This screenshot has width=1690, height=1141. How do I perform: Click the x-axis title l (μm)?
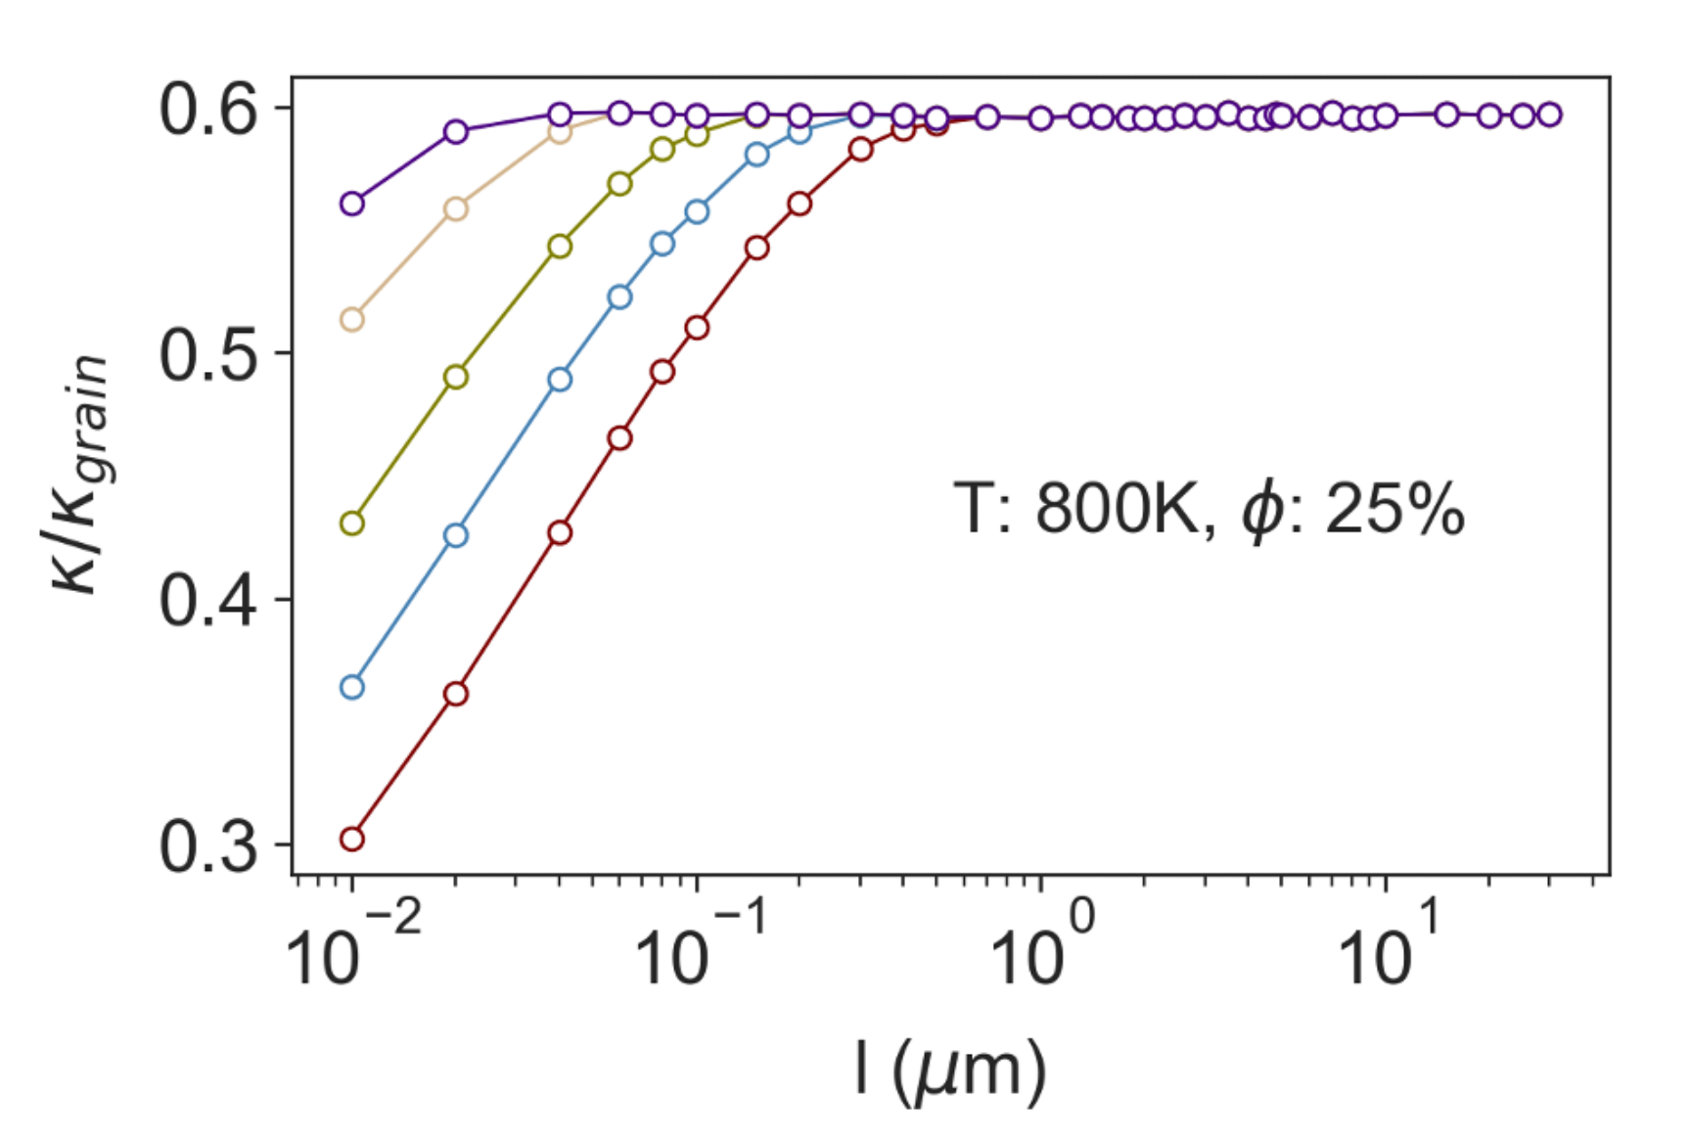pyautogui.click(x=950, y=1072)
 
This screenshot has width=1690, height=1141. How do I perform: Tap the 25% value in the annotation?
pyautogui.click(x=1393, y=509)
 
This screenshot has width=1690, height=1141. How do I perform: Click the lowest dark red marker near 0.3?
pyautogui.click(x=352, y=839)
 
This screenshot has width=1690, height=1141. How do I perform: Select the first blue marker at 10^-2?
pyautogui.click(x=352, y=687)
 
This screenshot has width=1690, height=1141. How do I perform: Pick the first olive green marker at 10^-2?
pyautogui.click(x=352, y=524)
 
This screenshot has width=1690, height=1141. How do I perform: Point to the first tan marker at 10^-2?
pyautogui.click(x=352, y=320)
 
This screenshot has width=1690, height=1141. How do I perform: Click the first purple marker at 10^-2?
pyautogui.click(x=352, y=204)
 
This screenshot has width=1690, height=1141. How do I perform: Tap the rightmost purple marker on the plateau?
pyautogui.click(x=1549, y=114)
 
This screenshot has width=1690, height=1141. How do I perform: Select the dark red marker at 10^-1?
pyautogui.click(x=697, y=327)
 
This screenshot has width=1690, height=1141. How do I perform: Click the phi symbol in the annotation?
pyautogui.click(x=1262, y=511)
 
